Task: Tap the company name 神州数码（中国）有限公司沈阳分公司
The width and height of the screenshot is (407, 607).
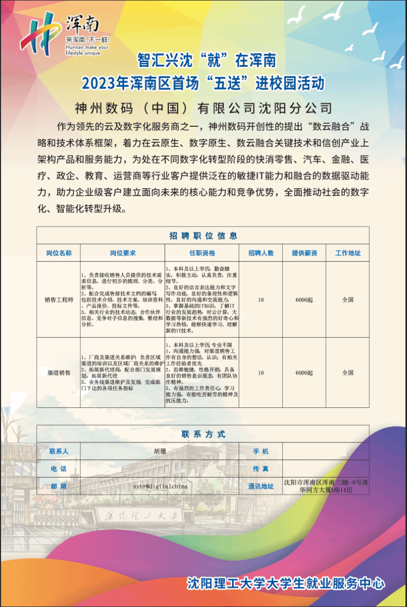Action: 203,108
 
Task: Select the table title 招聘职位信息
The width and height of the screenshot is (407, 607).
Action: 203,236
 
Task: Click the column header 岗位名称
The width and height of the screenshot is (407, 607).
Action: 59,253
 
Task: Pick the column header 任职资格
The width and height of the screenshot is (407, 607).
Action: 202,253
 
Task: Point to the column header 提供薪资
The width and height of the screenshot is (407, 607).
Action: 304,253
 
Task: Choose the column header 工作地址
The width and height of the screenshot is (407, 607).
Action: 348,253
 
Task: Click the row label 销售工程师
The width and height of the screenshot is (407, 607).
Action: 59,299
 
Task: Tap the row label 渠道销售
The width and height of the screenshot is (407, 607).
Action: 59,372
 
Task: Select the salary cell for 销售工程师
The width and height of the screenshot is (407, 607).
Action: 304,299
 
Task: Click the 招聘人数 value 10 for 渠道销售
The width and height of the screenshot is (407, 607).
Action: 261,372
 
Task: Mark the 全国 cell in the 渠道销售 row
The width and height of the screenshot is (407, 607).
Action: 348,372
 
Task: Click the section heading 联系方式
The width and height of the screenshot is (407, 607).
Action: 203,434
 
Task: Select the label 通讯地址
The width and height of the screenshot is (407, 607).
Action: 261,486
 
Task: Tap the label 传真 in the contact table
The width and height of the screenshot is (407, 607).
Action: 261,468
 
